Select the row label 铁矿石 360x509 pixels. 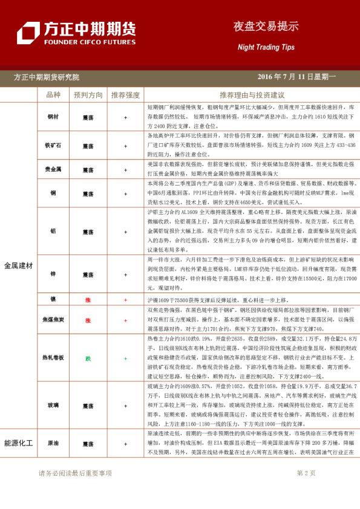pos(53,146)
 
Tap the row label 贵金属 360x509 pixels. pos(53,170)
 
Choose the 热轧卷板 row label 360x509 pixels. pos(53,358)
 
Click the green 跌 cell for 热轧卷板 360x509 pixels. pos(88,358)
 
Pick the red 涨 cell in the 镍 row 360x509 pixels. pos(88,300)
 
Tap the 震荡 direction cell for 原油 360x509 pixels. pos(88,444)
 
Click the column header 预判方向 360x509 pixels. pos(88,96)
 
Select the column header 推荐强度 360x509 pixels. pos(125,96)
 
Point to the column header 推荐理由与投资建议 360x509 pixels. pos(252,96)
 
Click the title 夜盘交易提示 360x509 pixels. pos(266,27)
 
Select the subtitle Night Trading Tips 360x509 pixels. pos(266,47)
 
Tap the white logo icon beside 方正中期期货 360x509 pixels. pos(28,33)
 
